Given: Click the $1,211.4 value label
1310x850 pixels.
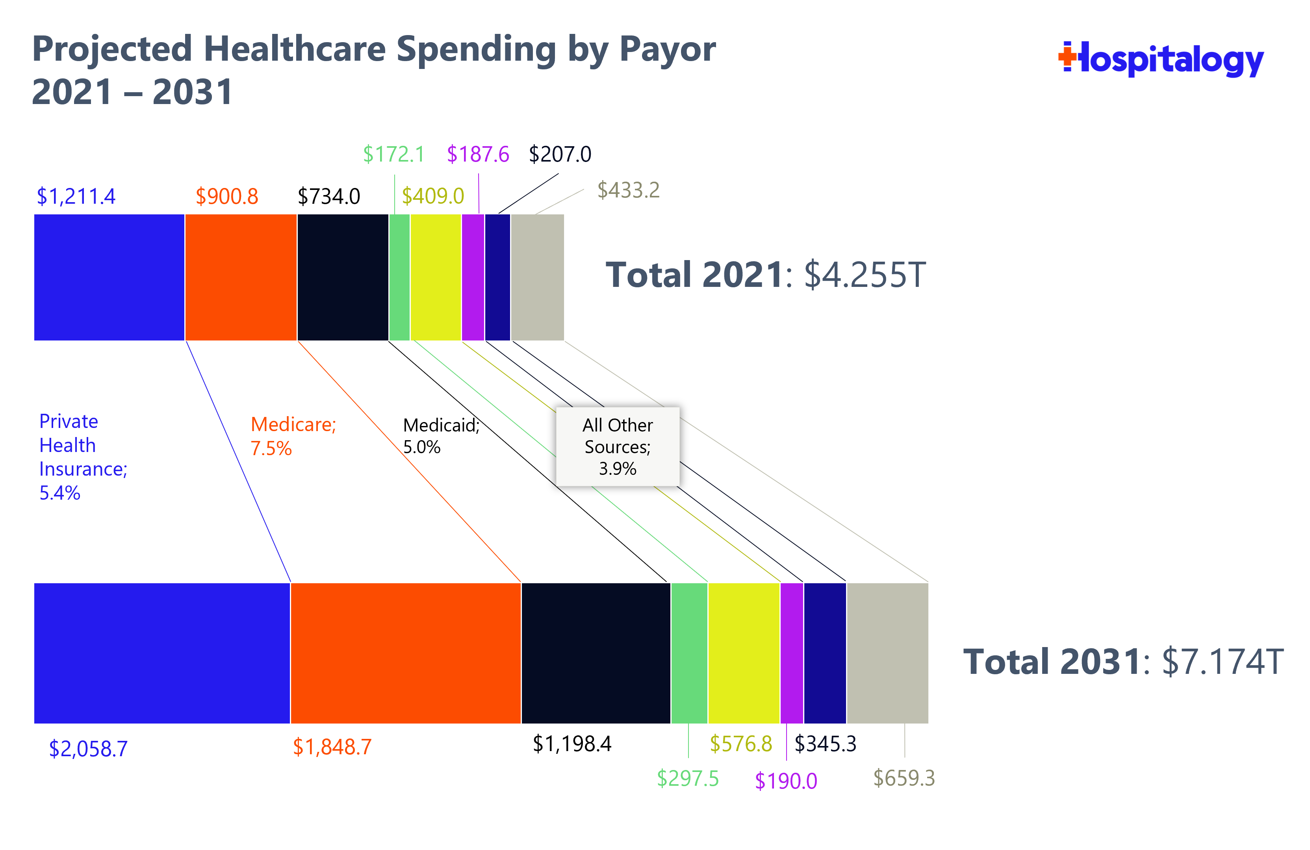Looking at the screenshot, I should [x=76, y=196].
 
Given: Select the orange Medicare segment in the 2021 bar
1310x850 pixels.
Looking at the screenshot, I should [x=241, y=277].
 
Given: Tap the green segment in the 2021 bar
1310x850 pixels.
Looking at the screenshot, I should [x=399, y=277].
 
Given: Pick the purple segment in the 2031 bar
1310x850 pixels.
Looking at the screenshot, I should [x=792, y=653].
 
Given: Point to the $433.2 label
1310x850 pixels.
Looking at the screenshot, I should [x=628, y=190].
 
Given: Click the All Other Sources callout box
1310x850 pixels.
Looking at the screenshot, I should [x=618, y=446].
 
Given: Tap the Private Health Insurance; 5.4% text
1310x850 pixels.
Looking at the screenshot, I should [x=83, y=457].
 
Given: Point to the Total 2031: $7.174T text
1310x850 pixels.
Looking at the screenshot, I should [x=1123, y=661].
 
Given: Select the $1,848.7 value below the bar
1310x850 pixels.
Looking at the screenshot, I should [x=332, y=747].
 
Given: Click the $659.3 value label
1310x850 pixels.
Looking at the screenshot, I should [x=904, y=778].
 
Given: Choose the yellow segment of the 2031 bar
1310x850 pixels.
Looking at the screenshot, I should [x=744, y=653].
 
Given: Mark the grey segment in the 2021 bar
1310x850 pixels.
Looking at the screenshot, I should [x=537, y=277].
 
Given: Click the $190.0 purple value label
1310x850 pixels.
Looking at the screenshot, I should [x=785, y=781].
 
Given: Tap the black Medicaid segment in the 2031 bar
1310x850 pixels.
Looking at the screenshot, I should [x=596, y=653].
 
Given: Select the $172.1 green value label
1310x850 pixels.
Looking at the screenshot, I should [x=393, y=154].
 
